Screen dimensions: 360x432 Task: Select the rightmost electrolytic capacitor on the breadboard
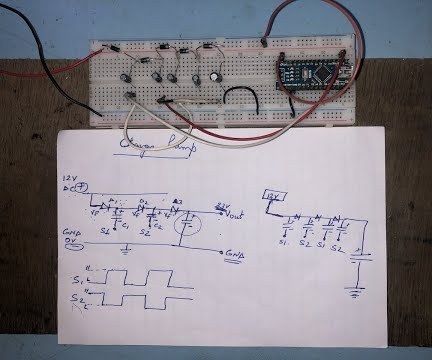pyautogui.click(x=214, y=77)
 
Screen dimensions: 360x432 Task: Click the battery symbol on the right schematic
pyautogui.click(x=357, y=264)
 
